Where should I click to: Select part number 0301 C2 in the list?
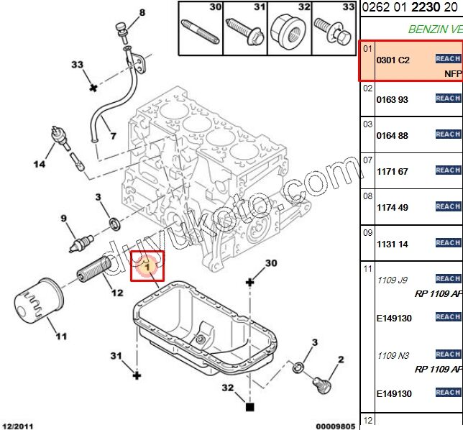pyautogui.click(x=393, y=60)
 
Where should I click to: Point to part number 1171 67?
pyautogui.click(x=392, y=171)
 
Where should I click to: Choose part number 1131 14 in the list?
pyautogui.click(x=392, y=244)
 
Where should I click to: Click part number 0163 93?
pyautogui.click(x=392, y=99)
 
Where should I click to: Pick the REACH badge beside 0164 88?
pyautogui.click(x=448, y=134)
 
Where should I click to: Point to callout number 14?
pyautogui.click(x=40, y=164)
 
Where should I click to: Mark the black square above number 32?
pyautogui.click(x=250, y=407)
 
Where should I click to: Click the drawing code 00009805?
pyautogui.click(x=335, y=426)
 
